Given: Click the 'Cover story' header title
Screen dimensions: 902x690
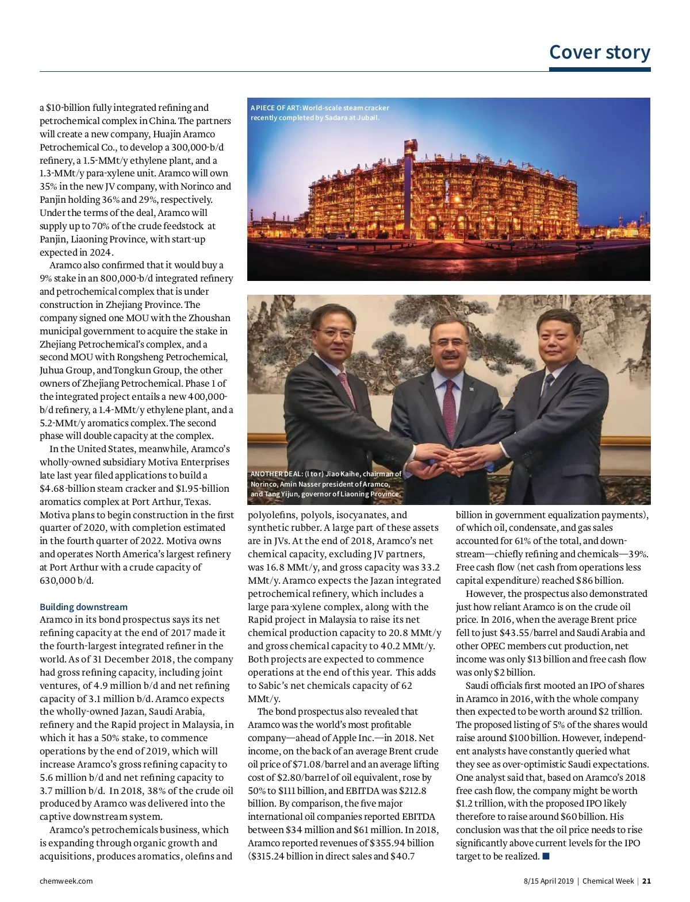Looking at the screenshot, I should click(x=600, y=52).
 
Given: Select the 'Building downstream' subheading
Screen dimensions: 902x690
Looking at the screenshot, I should click(x=84, y=607).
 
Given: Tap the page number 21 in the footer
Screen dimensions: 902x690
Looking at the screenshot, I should click(x=647, y=881).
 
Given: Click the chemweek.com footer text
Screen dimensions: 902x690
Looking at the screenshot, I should click(x=66, y=881).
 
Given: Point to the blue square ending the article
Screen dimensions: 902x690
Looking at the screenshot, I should click(x=546, y=857).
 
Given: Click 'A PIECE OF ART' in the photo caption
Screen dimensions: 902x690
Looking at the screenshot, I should click(x=275, y=108).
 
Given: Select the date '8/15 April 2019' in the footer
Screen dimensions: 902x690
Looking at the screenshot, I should click(x=548, y=881).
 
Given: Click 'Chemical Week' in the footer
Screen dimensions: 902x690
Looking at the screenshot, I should click(x=608, y=881).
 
